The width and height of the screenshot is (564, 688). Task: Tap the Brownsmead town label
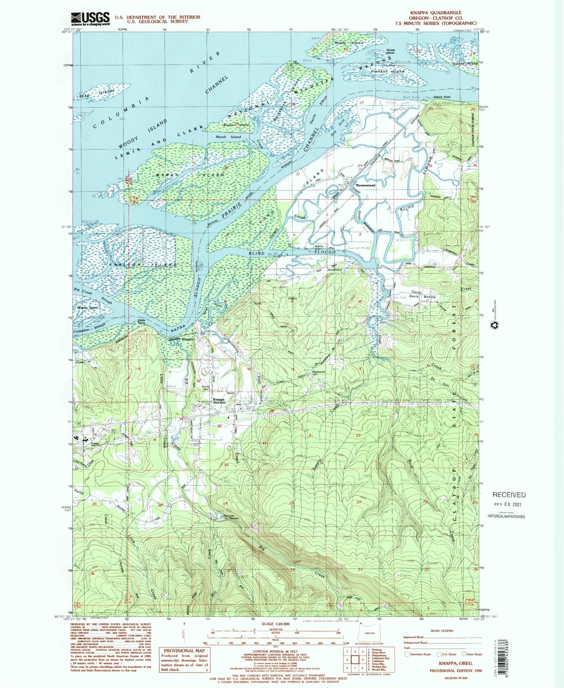(366, 185)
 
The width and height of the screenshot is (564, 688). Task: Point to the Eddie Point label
(141, 322)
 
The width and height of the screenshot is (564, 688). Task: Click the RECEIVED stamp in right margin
(509, 495)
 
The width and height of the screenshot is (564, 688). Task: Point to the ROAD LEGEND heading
(442, 631)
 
